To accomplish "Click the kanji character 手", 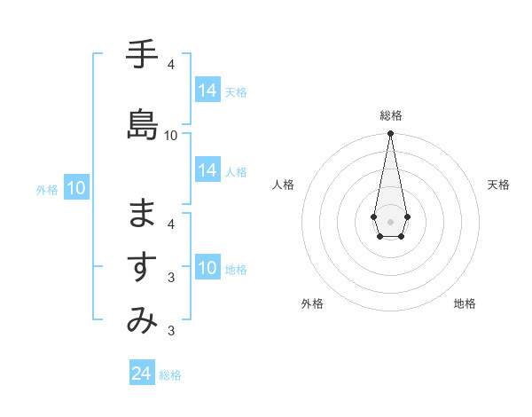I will coord(142,55).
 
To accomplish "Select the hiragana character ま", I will coord(142,214).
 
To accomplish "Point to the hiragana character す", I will coord(142,267).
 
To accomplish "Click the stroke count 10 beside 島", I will coord(171,136).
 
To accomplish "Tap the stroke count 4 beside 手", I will coord(171,65).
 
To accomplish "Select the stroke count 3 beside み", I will coord(171,332).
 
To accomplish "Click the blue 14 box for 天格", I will coord(207,90).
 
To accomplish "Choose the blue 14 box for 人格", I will coord(207,170).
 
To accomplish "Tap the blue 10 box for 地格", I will coord(207,268).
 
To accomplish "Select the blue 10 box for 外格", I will coord(76,188).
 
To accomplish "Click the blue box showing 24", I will coord(142,374).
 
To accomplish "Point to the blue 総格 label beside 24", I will coord(170,375).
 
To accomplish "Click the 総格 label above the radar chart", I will coord(391,115).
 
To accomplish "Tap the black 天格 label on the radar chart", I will coord(499,185).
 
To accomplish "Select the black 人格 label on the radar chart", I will coord(284,185).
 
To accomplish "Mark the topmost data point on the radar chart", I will coord(390,134).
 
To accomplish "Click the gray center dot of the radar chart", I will coord(390,221).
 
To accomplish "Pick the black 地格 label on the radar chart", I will coord(465,303).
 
